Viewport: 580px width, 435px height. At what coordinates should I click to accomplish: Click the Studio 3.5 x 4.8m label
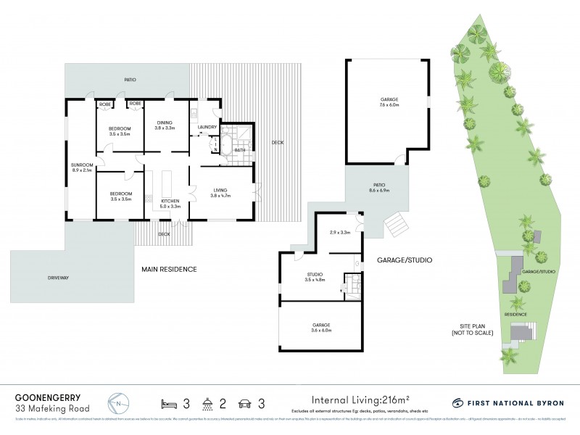pyautogui.click(x=315, y=276)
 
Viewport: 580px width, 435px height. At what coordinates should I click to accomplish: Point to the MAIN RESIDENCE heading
pyautogui.click(x=170, y=269)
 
